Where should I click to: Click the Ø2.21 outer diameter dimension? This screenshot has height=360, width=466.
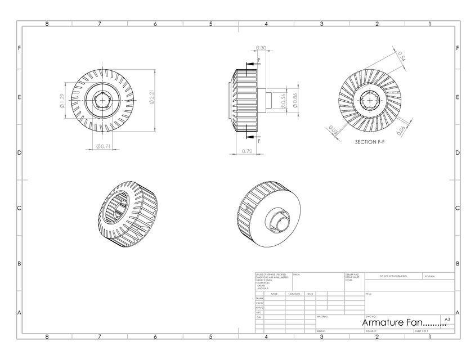[151, 100]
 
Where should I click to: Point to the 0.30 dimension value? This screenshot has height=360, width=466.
[261, 48]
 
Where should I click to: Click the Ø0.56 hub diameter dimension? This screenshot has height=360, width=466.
[283, 100]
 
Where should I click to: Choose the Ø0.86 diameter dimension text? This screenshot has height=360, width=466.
[295, 100]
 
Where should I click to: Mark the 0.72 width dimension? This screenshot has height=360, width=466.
[246, 151]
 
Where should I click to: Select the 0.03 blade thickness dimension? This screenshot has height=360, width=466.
[333, 132]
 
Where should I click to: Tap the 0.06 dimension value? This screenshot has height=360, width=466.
[401, 130]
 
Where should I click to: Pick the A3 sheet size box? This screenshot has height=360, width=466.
[447, 319]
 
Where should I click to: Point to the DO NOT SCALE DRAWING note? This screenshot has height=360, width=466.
[393, 277]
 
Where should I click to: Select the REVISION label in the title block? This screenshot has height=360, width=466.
[429, 277]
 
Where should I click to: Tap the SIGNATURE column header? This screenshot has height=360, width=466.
[294, 294]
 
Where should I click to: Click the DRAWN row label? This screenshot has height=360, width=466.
[259, 299]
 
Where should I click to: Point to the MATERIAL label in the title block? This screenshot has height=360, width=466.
[322, 317]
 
